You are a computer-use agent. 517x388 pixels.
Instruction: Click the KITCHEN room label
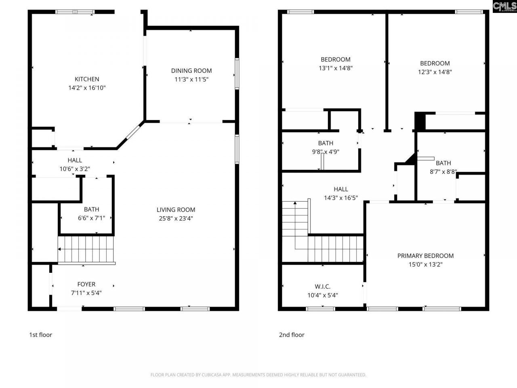click(87, 79)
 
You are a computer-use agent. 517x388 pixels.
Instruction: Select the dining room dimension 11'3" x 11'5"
click(191, 80)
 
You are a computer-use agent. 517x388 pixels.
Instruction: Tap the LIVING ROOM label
click(176, 210)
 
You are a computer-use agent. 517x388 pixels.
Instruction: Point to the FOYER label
click(86, 284)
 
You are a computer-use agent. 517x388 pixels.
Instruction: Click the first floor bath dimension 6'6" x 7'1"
click(92, 218)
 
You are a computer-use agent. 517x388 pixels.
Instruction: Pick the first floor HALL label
click(75, 160)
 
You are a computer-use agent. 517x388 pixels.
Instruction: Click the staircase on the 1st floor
click(86, 249)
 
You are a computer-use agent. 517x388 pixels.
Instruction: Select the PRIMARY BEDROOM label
click(425, 256)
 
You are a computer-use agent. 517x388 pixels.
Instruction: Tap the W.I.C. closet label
click(322, 287)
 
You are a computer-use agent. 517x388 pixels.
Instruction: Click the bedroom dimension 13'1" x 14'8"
click(336, 68)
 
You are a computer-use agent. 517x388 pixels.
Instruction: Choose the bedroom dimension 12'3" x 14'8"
click(435, 72)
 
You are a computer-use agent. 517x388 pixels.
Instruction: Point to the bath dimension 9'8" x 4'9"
click(326, 152)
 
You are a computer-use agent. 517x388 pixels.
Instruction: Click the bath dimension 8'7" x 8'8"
click(443, 172)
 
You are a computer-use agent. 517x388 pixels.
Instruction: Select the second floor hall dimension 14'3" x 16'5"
click(341, 198)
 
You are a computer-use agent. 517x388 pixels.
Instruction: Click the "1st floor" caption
click(40, 335)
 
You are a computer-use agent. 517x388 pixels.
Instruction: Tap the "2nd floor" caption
click(292, 335)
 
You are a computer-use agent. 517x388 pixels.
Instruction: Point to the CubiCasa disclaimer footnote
click(258, 375)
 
